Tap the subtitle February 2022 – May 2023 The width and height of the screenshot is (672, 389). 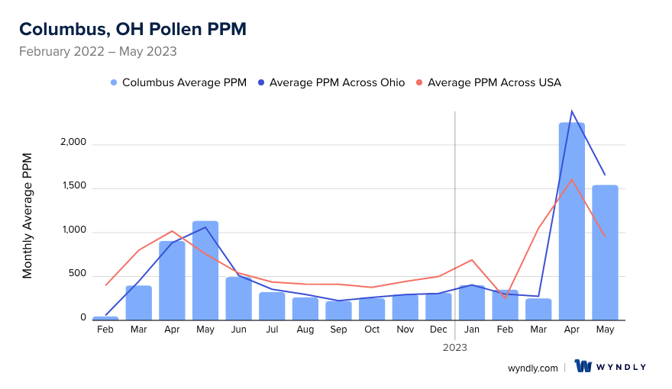tap(98, 52)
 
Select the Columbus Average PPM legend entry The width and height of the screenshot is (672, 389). tap(183, 82)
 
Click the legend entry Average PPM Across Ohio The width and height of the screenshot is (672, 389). tap(337, 82)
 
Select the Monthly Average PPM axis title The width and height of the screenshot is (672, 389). tap(27, 216)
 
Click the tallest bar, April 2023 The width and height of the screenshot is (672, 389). tap(572, 221)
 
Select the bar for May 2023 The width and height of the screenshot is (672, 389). tap(605, 252)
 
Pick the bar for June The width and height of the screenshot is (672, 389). tap(239, 298)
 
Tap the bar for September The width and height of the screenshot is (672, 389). tap(338, 310)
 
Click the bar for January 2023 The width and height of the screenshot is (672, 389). tap(472, 303)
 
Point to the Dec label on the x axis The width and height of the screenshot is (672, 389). tap(438, 330)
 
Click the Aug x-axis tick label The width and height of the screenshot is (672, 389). tap(305, 330)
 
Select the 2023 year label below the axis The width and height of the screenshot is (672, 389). tap(455, 347)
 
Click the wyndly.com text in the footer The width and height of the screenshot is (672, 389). tap(533, 368)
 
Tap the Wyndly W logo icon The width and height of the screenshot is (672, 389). tap(584, 367)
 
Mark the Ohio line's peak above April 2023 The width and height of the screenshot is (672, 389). tap(571, 111)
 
